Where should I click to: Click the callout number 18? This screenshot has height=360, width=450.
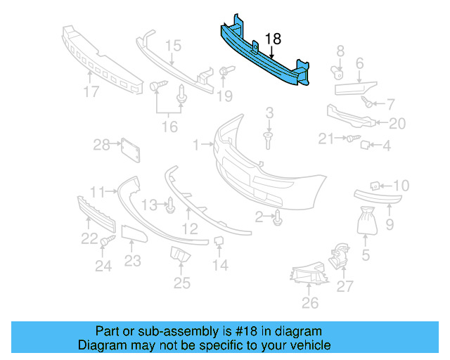[x=273, y=39]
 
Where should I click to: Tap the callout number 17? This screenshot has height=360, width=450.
[x=90, y=91]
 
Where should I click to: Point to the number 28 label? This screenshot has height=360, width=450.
[x=103, y=145]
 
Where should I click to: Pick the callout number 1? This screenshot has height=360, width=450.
[x=197, y=145]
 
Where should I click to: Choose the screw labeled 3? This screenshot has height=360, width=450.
[x=269, y=136]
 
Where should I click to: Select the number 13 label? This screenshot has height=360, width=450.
[x=149, y=205]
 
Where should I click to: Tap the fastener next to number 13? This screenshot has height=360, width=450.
[x=169, y=205]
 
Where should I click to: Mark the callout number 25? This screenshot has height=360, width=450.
[x=182, y=283]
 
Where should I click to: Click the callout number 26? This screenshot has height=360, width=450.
[x=310, y=303]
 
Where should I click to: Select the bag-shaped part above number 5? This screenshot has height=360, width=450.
[x=366, y=221]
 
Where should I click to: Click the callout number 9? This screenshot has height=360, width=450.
[x=390, y=226]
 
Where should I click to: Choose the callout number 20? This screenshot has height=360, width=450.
[x=397, y=124]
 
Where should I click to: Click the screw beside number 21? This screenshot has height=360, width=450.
[x=349, y=139]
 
